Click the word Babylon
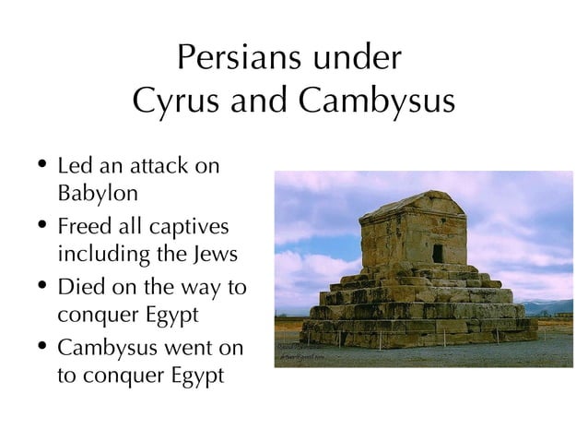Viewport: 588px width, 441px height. tap(98, 195)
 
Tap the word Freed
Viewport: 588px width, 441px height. tap(82, 227)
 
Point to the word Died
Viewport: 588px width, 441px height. tap(79, 287)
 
